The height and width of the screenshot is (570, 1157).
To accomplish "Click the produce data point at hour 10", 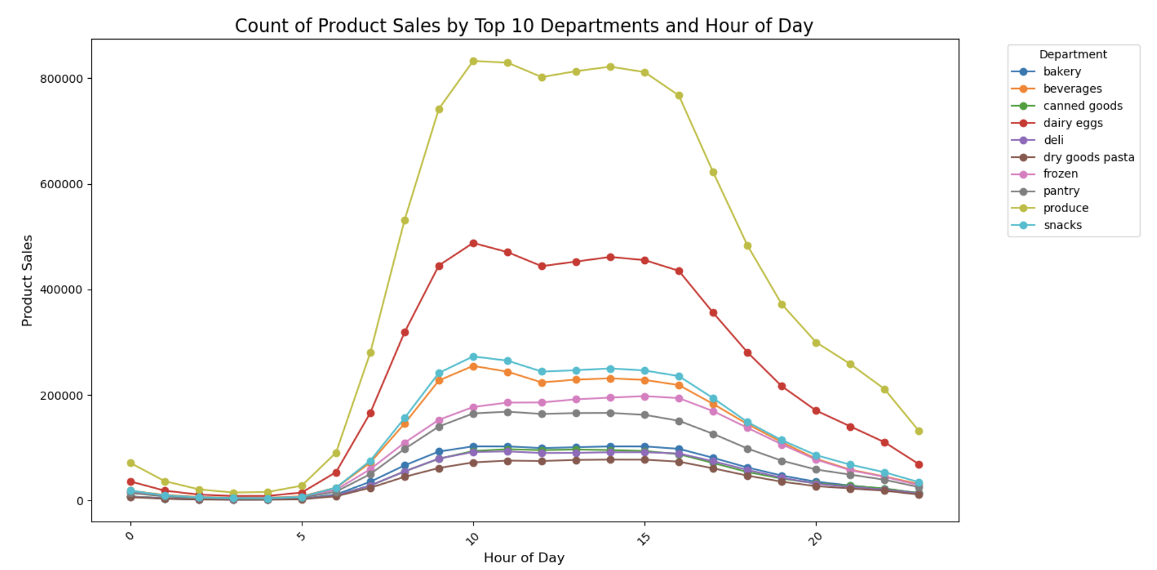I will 473,61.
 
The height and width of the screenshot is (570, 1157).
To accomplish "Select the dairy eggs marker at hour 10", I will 473,244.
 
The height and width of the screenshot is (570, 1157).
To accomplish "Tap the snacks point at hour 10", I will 473,357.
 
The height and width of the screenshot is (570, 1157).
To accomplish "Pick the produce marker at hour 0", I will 130,463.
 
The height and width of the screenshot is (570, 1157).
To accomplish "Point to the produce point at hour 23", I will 919,431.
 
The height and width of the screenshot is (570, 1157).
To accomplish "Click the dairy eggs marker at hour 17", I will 713,313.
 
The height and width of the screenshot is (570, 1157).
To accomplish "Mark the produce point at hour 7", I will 371,353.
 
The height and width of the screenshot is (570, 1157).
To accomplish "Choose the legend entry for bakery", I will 1061,72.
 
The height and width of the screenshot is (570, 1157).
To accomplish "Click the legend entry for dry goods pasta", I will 1088,157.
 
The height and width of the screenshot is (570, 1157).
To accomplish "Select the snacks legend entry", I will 1062,226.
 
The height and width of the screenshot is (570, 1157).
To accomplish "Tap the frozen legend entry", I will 1060,174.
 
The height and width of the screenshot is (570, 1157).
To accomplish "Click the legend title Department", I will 1073,54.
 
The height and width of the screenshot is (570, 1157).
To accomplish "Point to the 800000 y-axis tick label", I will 61,79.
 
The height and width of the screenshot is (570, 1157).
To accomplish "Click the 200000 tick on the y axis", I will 61,396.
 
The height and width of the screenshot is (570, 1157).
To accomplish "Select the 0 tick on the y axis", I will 79,501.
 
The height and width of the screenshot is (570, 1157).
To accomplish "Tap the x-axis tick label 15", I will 643,538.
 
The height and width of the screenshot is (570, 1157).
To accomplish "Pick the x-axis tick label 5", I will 301,536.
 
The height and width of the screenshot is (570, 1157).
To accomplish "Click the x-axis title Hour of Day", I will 524,558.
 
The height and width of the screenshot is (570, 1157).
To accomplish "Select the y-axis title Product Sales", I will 27,280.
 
